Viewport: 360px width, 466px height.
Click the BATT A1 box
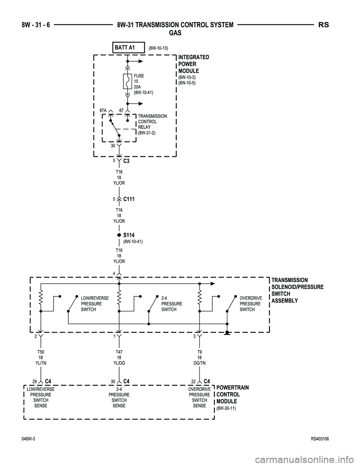click(128, 48)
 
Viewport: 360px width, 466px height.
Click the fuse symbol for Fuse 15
click(127, 81)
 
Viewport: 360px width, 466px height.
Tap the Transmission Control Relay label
click(152, 124)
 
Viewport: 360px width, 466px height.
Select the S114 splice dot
click(118, 235)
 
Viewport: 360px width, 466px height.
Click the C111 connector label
click(129, 199)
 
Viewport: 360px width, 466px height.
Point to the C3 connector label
click(126, 161)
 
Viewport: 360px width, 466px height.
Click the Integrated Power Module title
click(193, 64)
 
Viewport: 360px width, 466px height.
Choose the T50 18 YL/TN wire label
click(40, 358)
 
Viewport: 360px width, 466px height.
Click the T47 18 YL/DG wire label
click(118, 358)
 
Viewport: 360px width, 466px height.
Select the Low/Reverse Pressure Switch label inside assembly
click(94, 304)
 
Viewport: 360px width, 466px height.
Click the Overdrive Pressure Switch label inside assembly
click(250, 304)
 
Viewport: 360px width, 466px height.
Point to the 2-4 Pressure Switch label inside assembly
click(171, 304)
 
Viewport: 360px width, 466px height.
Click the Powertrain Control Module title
click(232, 394)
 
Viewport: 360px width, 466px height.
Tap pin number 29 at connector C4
click(34, 382)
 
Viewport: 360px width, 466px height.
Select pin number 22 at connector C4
click(193, 382)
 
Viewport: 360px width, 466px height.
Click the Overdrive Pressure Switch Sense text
click(199, 397)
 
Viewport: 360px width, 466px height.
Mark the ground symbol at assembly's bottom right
click(227, 333)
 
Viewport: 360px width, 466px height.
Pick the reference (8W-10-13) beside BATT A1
click(158, 48)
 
